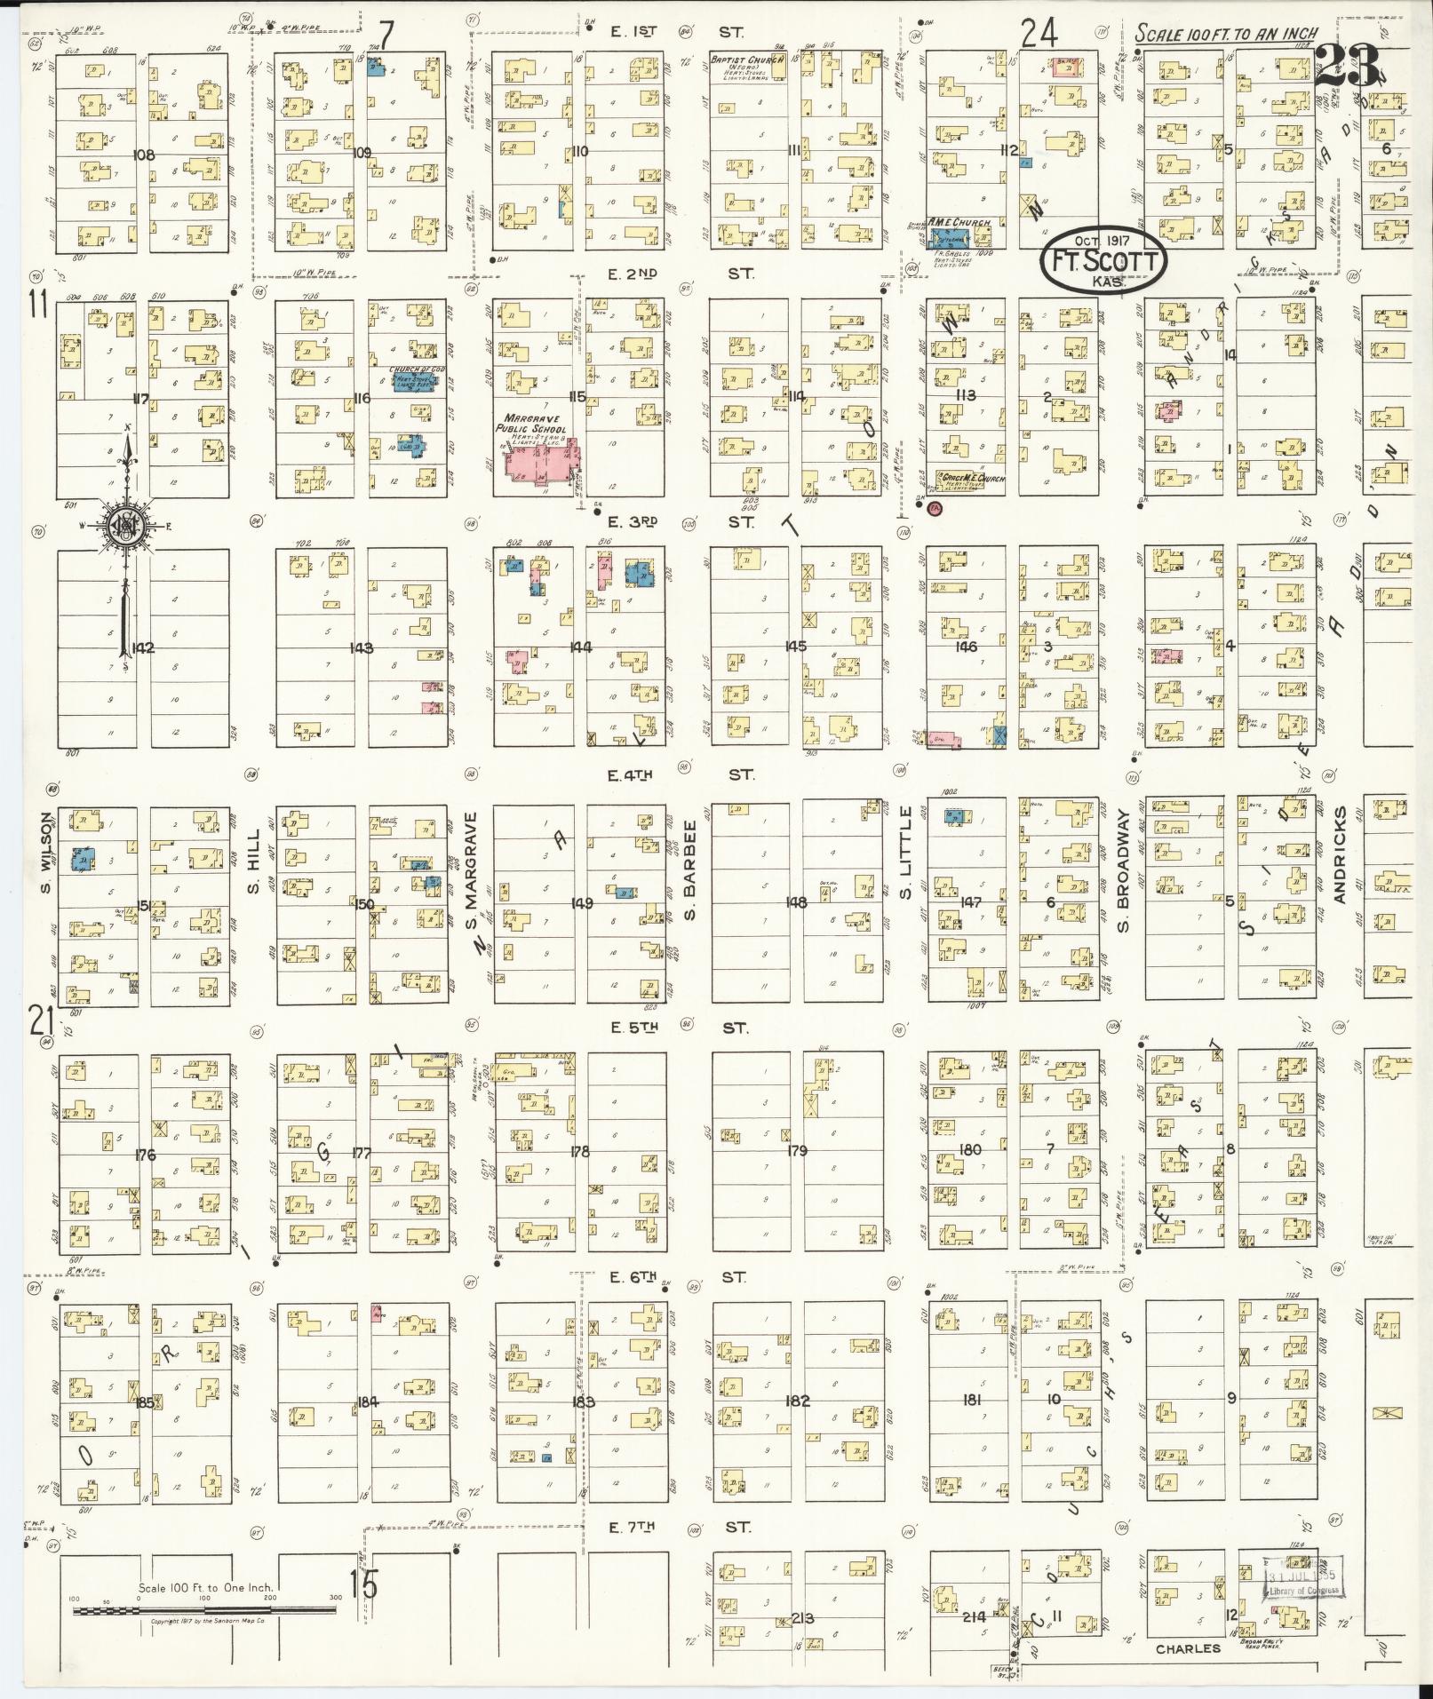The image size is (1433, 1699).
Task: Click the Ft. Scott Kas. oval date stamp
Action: click(1100, 259)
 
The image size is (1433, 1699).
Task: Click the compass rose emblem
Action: click(124, 526)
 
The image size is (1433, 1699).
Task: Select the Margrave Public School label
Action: click(534, 423)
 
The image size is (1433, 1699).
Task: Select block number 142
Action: click(142, 647)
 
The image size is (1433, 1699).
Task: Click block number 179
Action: click(797, 1151)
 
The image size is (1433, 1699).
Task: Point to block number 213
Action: click(802, 1617)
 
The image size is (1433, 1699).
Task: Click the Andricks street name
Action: click(1341, 854)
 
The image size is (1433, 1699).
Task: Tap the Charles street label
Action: click(1188, 1648)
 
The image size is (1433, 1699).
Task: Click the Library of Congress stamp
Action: click(1303, 1584)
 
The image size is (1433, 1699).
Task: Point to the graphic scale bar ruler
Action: click(206, 1609)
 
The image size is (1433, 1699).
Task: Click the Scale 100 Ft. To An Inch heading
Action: click(1227, 34)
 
